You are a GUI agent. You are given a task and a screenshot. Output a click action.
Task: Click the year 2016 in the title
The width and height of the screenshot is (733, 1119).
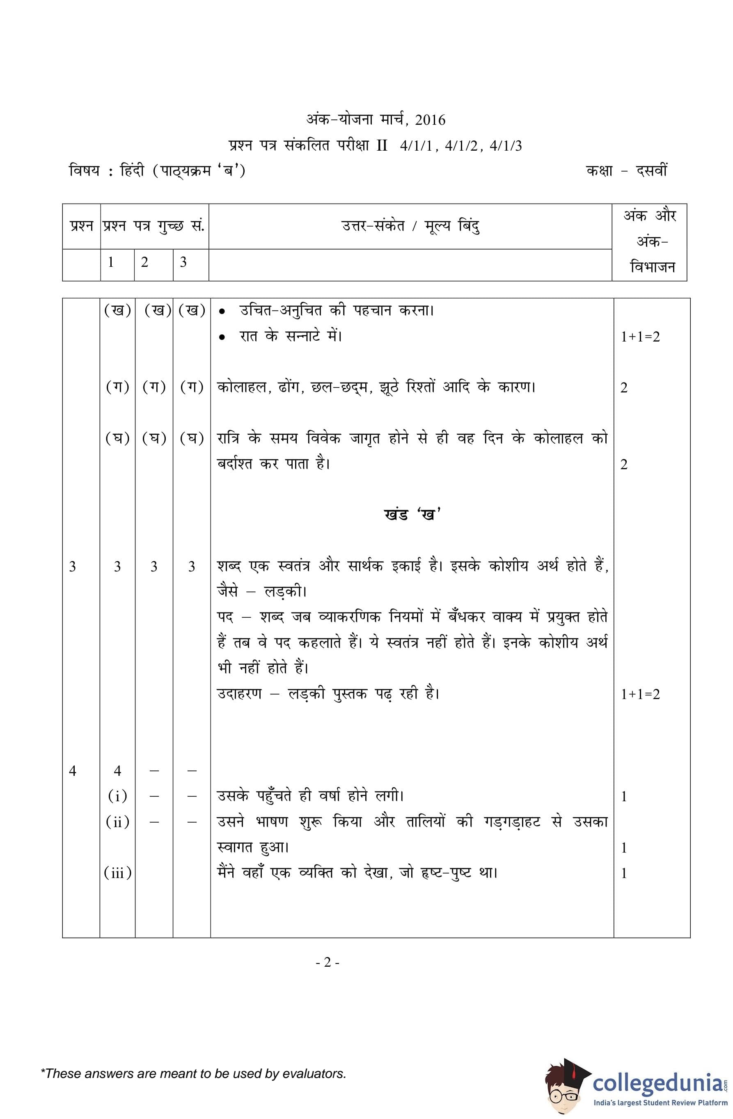pyautogui.click(x=430, y=120)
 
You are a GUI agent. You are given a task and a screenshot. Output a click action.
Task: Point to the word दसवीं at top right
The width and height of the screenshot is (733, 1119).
pyautogui.click(x=651, y=170)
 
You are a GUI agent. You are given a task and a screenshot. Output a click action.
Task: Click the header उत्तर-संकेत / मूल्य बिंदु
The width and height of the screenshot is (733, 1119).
pyautogui.click(x=410, y=227)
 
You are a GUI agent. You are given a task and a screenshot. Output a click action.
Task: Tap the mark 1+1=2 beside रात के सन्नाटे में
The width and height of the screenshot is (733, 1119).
pyautogui.click(x=640, y=337)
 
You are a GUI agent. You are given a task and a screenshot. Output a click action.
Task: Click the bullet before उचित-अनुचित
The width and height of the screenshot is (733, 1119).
pyautogui.click(x=222, y=312)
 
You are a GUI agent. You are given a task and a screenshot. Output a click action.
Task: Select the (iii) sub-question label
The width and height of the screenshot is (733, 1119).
pyautogui.click(x=117, y=873)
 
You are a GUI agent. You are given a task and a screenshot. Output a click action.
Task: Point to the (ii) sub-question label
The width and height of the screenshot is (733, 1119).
pyautogui.click(x=117, y=822)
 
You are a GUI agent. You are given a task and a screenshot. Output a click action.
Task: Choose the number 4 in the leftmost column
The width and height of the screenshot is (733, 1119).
pyautogui.click(x=72, y=770)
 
